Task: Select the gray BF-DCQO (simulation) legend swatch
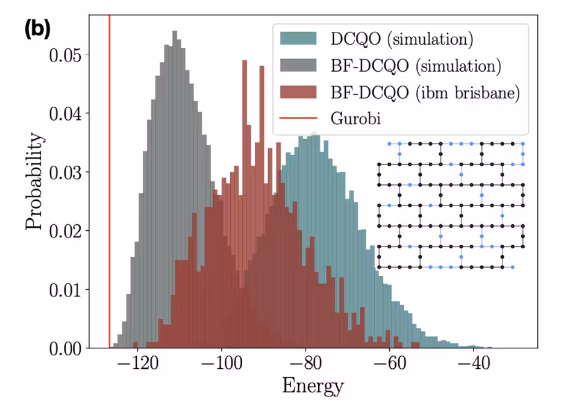(x=299, y=65)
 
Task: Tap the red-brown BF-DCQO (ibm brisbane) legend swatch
(x=299, y=92)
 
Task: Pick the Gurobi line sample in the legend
(x=299, y=119)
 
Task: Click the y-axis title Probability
(x=34, y=181)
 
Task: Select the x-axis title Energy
(x=313, y=386)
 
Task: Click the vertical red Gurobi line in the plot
(x=110, y=181)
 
